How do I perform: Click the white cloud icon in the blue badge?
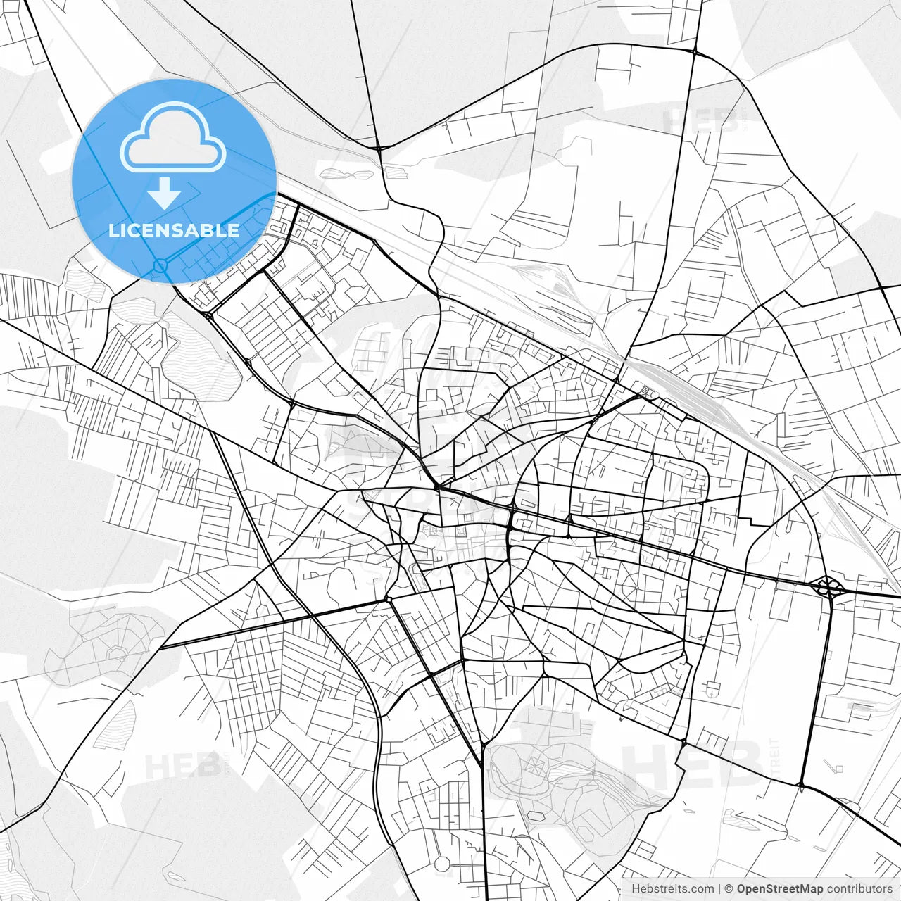click(173, 137)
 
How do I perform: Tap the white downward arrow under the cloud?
click(165, 193)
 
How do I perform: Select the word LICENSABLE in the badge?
click(174, 230)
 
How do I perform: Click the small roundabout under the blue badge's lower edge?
click(160, 265)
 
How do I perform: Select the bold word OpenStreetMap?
click(779, 889)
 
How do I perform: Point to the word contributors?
click(859, 889)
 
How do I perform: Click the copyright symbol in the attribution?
click(729, 889)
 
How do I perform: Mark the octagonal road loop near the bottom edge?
click(441, 863)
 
